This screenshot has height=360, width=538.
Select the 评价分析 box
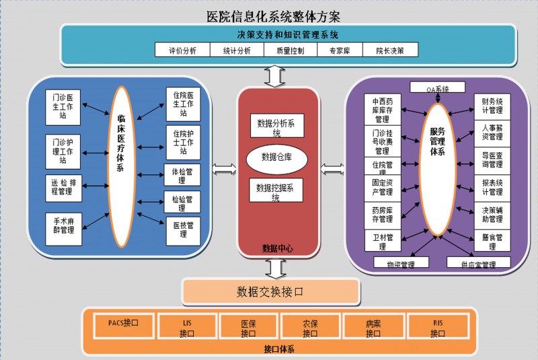tap(182, 50)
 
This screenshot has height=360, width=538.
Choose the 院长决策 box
tap(390, 50)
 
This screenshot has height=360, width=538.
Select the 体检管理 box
tap(182, 175)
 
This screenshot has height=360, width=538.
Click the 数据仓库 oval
tap(276, 158)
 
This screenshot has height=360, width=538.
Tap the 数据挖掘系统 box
tap(276, 192)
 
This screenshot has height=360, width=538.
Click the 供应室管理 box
tap(478, 263)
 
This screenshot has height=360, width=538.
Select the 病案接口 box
tap(373, 328)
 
